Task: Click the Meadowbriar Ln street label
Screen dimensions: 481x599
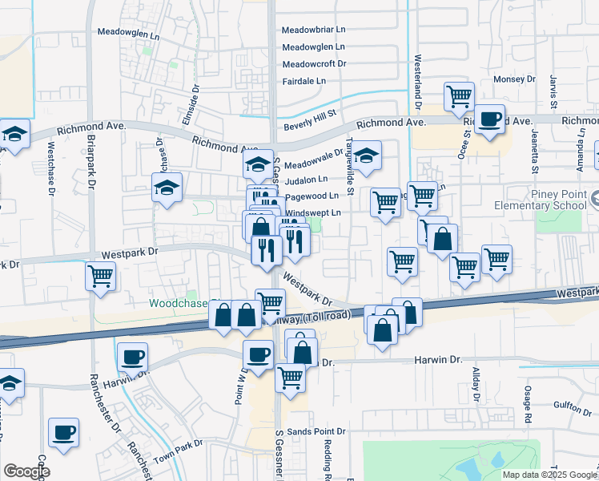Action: point(314,30)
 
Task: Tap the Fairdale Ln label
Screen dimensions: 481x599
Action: point(304,81)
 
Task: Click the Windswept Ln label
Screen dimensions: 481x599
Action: point(314,212)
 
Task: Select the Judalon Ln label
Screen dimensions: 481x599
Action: point(306,180)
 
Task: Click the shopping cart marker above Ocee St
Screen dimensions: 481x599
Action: point(459,96)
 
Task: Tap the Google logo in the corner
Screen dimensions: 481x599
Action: point(26,471)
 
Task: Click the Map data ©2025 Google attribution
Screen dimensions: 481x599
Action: point(549,475)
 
